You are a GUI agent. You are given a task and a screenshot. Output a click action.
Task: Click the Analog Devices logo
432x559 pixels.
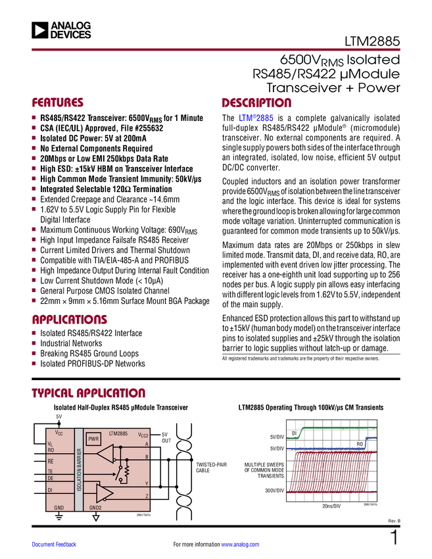63,30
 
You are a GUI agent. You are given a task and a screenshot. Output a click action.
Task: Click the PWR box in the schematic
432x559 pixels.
93,439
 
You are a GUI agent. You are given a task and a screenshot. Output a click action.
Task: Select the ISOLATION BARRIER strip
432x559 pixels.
79,470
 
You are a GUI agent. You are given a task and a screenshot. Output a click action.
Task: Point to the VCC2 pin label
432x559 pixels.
143,435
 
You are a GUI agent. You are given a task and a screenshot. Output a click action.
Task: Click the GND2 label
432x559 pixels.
95,507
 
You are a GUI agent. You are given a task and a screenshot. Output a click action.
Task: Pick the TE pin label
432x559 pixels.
50,472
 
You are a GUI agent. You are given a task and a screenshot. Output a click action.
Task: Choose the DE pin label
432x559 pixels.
51,478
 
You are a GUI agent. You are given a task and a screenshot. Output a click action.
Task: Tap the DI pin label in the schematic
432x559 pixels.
50,490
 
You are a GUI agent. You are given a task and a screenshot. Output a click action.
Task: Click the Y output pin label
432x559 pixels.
147,483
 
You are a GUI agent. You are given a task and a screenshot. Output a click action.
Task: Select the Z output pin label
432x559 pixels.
147,496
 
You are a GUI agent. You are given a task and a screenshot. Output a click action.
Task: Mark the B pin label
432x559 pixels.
147,456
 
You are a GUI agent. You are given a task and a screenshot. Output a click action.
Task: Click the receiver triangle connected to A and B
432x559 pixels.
105,453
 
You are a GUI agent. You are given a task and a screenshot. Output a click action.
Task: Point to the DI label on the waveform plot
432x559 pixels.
294,433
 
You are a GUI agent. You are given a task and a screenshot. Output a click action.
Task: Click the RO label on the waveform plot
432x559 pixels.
360,445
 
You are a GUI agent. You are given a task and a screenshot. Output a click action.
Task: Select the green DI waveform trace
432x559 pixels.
335,427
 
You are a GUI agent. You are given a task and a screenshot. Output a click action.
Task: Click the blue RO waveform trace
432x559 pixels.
329,449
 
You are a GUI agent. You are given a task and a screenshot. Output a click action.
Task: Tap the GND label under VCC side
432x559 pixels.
59,507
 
